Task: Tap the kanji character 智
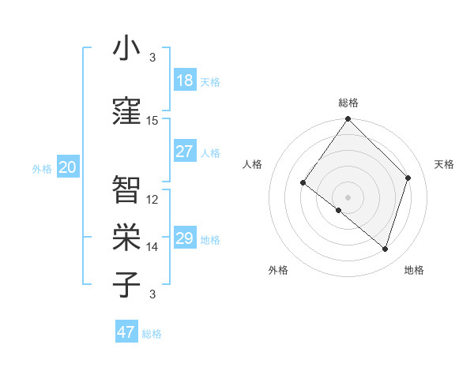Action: tap(126, 189)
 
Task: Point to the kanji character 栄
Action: tap(126, 237)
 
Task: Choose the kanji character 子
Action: tap(126, 284)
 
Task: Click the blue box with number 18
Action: tap(185, 81)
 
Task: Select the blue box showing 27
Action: tap(185, 152)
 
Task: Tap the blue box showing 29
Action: tap(185, 238)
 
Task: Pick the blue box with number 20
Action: tap(67, 167)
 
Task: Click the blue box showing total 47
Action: tap(126, 332)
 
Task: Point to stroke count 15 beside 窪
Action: tap(152, 121)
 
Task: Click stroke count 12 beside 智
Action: tap(152, 200)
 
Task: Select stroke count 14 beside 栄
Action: tap(152, 247)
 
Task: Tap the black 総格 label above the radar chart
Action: tap(348, 103)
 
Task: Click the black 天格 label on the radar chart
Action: tap(445, 164)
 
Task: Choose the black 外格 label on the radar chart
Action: tap(278, 270)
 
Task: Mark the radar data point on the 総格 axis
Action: tap(348, 120)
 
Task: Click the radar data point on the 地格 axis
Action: tap(386, 249)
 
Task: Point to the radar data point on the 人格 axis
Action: tap(303, 182)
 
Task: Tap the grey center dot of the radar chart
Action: tap(348, 197)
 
